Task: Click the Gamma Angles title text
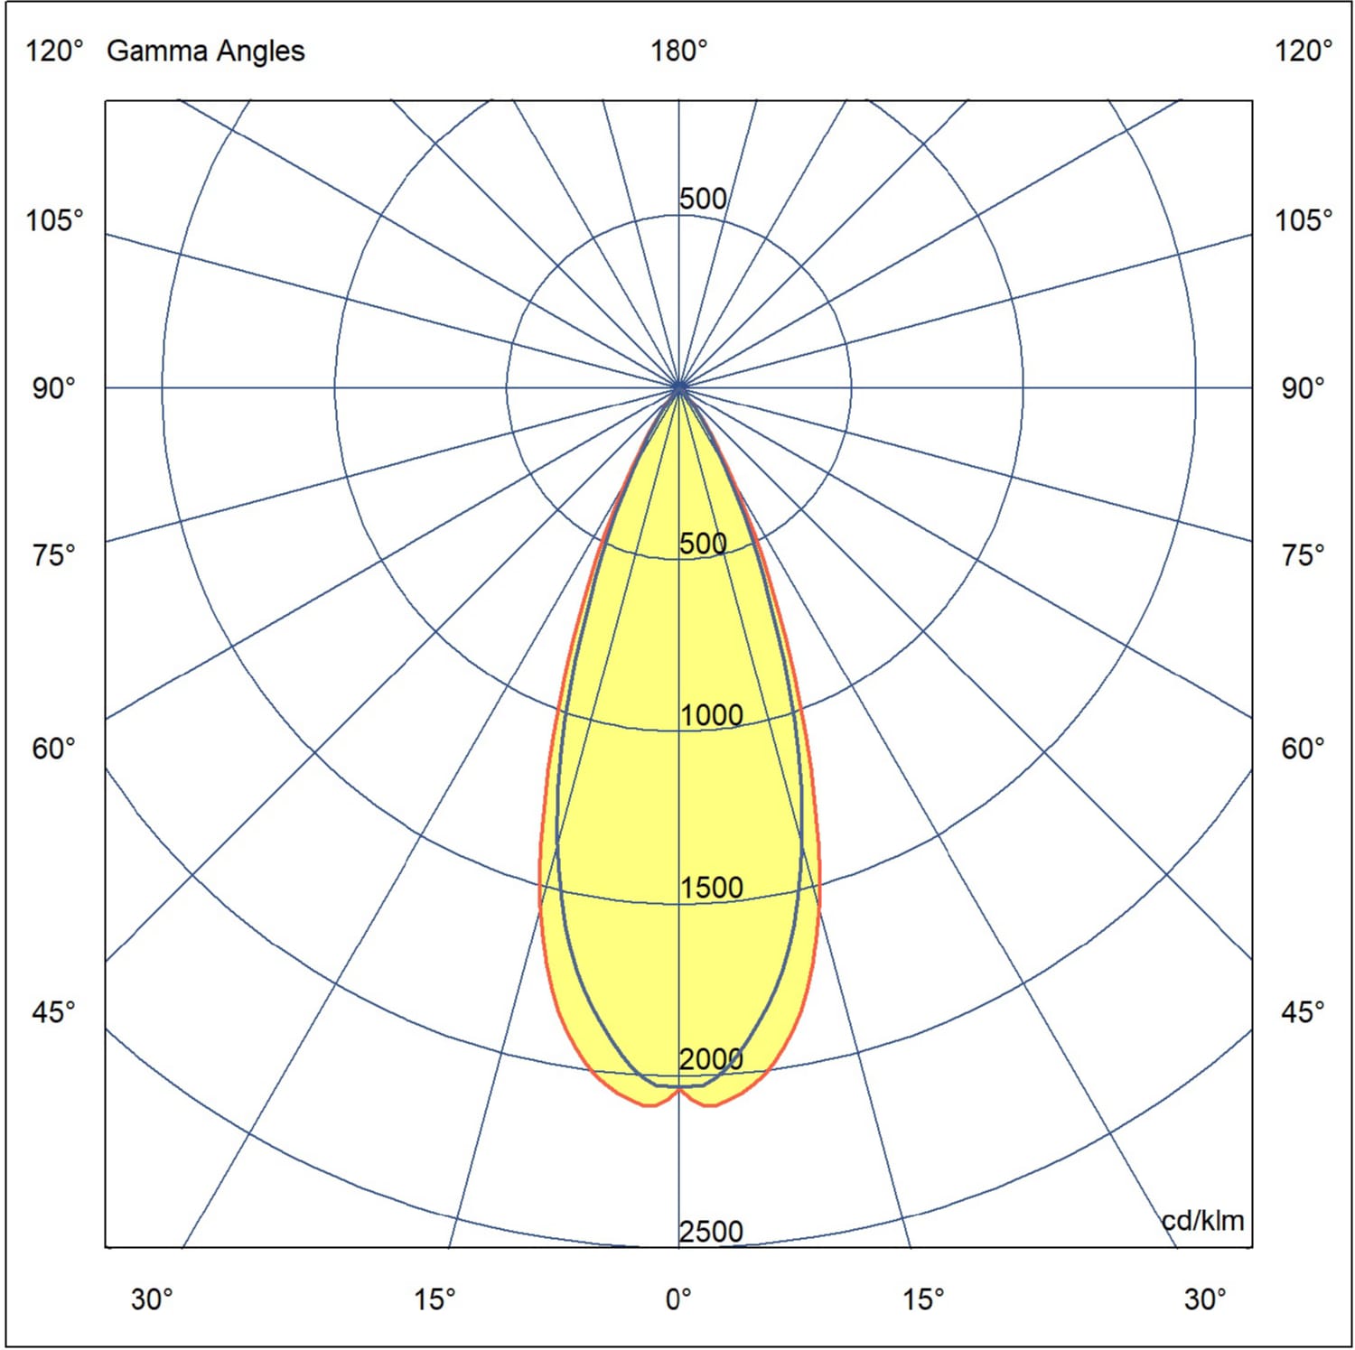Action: click(x=205, y=51)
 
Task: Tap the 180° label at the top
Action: click(x=678, y=51)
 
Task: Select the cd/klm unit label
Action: click(x=1202, y=1221)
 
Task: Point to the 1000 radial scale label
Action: click(x=711, y=715)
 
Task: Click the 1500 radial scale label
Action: click(x=711, y=888)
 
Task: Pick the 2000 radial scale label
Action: click(x=711, y=1059)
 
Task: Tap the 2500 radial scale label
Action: click(x=711, y=1232)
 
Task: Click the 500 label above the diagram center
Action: click(x=703, y=199)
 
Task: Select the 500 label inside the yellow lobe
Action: click(x=703, y=544)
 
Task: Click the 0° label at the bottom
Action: click(x=678, y=1299)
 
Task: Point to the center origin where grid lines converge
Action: click(x=679, y=387)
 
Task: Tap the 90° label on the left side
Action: click(x=54, y=388)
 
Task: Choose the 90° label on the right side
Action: click(x=1303, y=388)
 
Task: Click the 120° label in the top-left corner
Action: click(x=54, y=51)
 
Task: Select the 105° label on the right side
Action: click(x=1303, y=219)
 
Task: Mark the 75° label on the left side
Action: click(x=54, y=554)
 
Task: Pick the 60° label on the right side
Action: click(x=1303, y=749)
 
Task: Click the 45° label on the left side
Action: click(x=54, y=1012)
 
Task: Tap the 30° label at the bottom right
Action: click(x=1205, y=1299)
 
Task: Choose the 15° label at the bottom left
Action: click(x=435, y=1299)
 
